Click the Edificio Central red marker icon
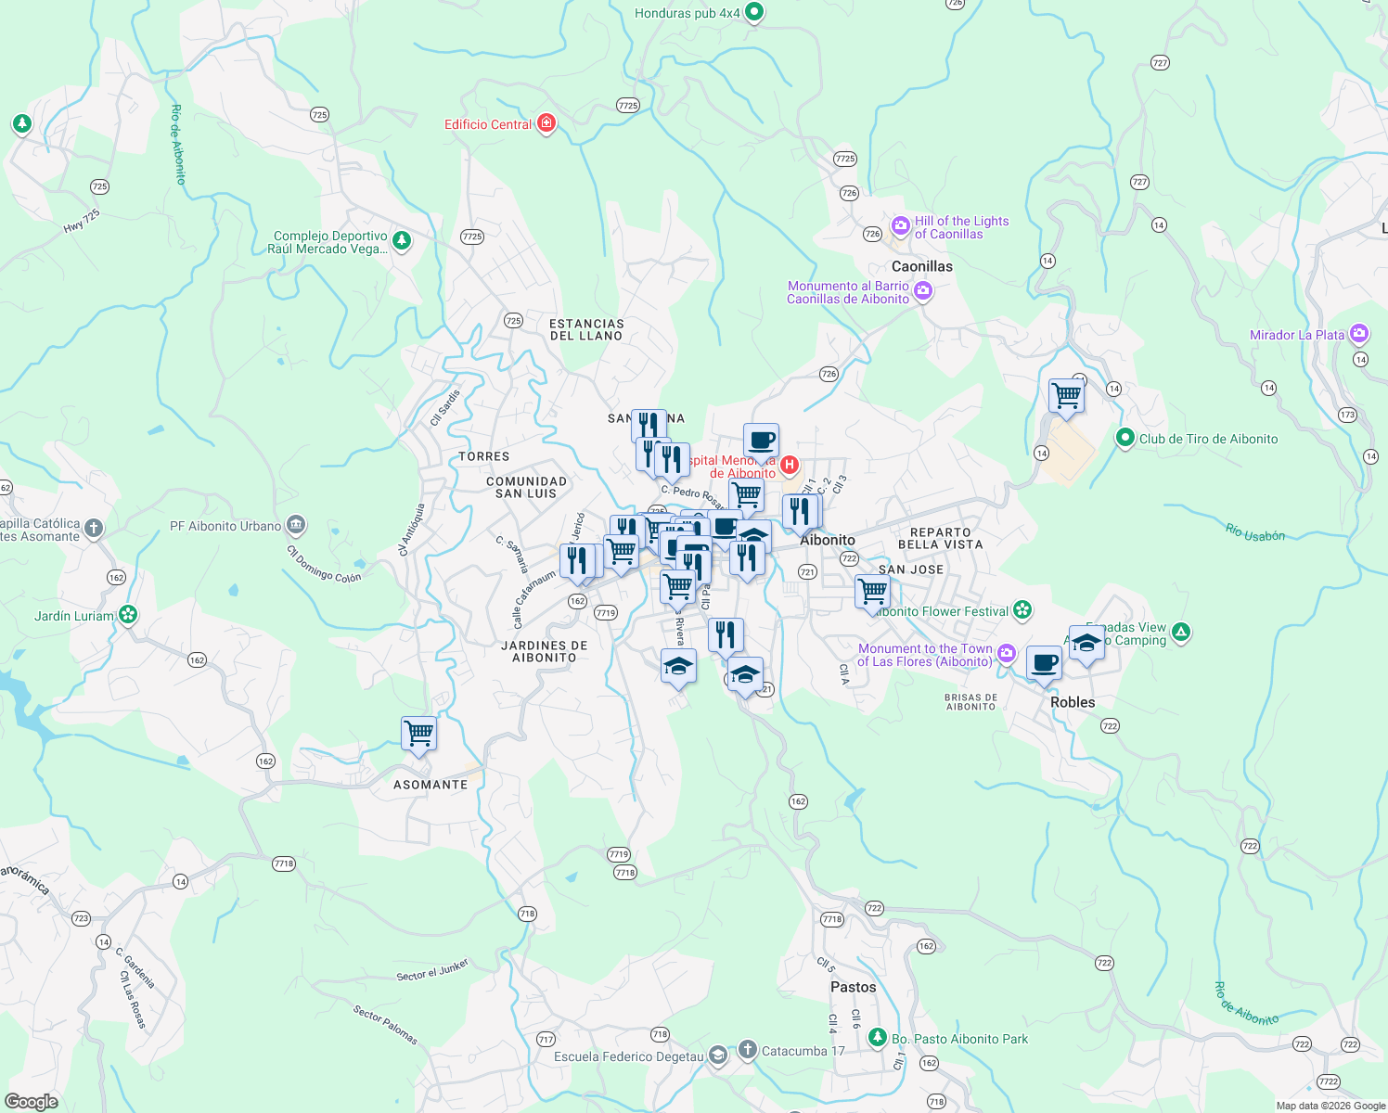546,123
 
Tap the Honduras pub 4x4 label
688,13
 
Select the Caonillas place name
921,266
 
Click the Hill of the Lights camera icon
900,225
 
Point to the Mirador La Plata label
1296,335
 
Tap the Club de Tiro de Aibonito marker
1125,437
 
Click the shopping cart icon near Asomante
419,733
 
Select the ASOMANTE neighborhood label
431,785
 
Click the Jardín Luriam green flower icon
128,615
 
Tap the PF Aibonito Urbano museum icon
295,526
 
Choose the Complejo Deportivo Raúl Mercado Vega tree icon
402,241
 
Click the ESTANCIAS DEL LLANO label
586,330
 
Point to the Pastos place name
853,987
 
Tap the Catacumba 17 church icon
748,1050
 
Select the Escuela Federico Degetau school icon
718,1055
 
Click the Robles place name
1073,702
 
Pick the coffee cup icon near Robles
1044,663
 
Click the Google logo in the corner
32,1102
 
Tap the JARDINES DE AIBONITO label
545,651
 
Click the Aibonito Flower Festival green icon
1022,609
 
